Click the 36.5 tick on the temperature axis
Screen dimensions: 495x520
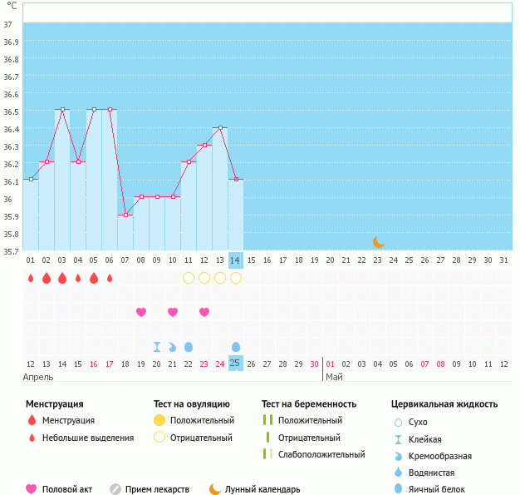[x=12, y=111]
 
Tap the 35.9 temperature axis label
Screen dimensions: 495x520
[x=12, y=216]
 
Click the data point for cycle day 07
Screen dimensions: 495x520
[x=125, y=215]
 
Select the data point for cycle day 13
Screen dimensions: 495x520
[x=220, y=127]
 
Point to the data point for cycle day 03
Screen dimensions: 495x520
[x=62, y=109]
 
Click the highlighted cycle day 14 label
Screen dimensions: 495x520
[x=235, y=260]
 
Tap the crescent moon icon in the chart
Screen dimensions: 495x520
[x=378, y=241]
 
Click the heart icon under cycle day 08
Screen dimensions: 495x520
[x=141, y=312]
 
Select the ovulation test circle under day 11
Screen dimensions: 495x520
[x=189, y=278]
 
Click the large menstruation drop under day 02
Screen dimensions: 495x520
[x=47, y=278]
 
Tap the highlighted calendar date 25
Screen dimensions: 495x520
[x=235, y=364]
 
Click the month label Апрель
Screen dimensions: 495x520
[x=37, y=377]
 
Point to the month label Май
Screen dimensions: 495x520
[x=333, y=377]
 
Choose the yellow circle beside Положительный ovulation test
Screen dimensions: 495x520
[x=159, y=420]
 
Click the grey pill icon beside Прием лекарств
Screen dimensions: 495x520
[x=115, y=489]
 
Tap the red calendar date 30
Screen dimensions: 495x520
[x=314, y=364]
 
